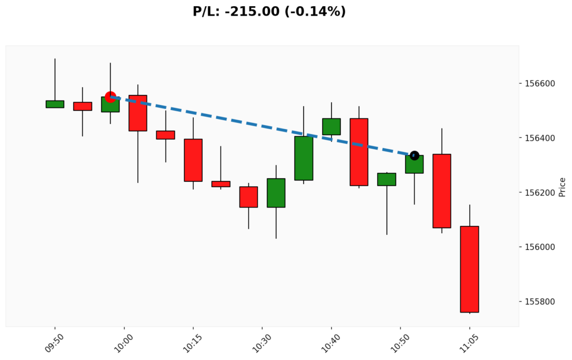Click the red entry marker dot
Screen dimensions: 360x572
[111, 97]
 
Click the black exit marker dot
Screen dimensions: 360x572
[414, 155]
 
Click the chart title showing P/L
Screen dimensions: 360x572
[269, 11]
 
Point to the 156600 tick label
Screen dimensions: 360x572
[540, 84]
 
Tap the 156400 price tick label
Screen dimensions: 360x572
[540, 138]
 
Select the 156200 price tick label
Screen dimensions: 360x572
[540, 193]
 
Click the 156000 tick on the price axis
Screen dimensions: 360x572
[540, 247]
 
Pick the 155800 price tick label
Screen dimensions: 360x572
[540, 302]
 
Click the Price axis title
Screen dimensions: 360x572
[562, 187]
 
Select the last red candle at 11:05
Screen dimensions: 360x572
[469, 269]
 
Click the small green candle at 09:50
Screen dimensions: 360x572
[55, 104]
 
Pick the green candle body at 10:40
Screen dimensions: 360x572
[331, 126]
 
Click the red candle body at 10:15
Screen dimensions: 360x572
[193, 160]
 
